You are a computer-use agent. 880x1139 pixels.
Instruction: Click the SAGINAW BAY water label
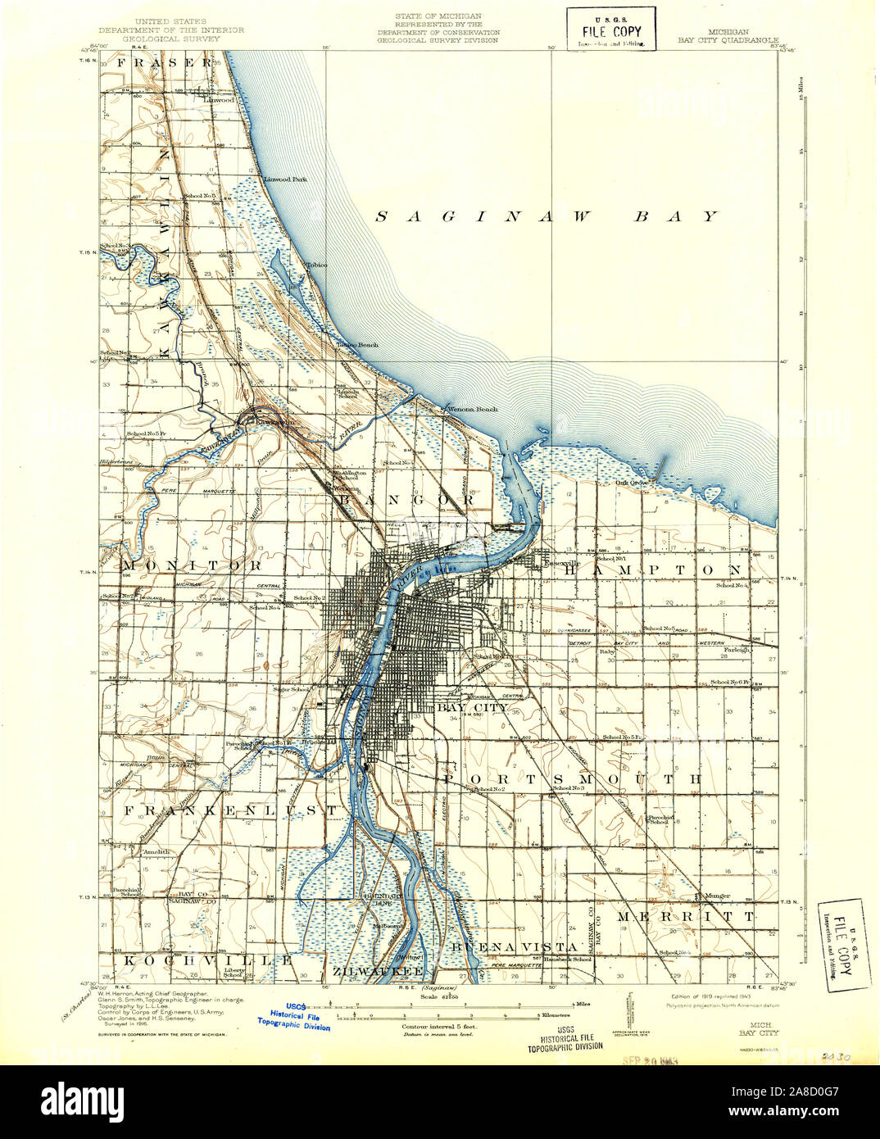point(547,216)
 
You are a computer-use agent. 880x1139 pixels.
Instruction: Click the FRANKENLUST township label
point(230,810)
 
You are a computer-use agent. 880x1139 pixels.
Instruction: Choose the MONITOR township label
point(193,565)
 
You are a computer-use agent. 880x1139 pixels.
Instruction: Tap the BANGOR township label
point(406,499)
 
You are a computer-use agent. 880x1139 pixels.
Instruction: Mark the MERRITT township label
point(686,915)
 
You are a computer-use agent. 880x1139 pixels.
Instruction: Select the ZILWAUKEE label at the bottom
point(378,971)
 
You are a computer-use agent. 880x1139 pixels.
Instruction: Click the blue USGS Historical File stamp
point(294,1016)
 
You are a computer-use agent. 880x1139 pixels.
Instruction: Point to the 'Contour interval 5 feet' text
point(439,1026)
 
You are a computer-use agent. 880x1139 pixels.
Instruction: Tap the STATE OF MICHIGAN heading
point(438,16)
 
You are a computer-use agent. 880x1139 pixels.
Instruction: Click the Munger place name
point(714,896)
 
